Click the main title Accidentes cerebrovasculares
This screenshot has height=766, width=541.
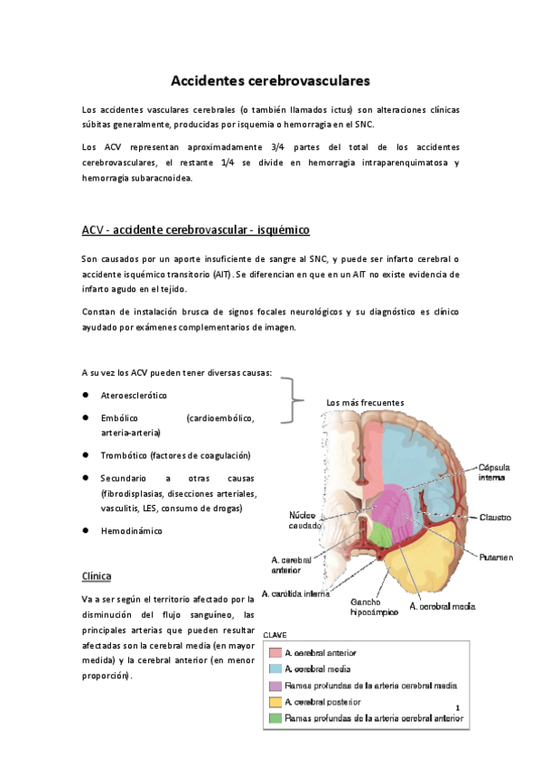pyautogui.click(x=270, y=80)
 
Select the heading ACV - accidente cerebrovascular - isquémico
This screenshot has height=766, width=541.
pyautogui.click(x=196, y=229)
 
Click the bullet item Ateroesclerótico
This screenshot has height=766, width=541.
pyautogui.click(x=134, y=396)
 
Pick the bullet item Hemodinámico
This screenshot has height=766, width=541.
pyautogui.click(x=132, y=531)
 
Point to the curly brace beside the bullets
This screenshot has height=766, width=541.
pyautogui.click(x=292, y=400)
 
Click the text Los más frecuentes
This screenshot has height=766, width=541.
pyautogui.click(x=365, y=402)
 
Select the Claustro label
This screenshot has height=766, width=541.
pyautogui.click(x=495, y=518)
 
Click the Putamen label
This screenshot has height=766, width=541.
pyautogui.click(x=497, y=557)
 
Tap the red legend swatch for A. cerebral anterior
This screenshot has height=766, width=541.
pyautogui.click(x=275, y=652)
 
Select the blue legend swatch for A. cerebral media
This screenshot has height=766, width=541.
pyautogui.click(x=275, y=668)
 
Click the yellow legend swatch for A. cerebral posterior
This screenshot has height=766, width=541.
pyautogui.click(x=275, y=702)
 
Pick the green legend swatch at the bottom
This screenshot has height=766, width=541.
pyautogui.click(x=275, y=719)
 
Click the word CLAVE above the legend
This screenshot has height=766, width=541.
pyautogui.click(x=276, y=635)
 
